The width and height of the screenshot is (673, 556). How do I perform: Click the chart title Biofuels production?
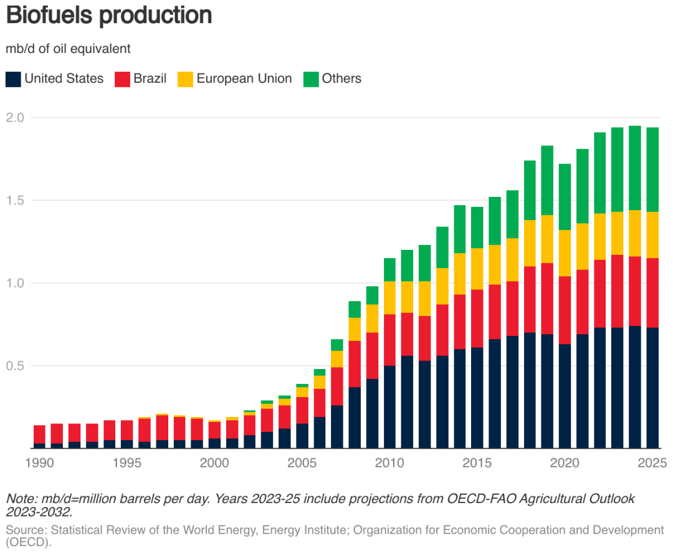tap(109, 16)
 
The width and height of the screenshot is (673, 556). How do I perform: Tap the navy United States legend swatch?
tap(13, 79)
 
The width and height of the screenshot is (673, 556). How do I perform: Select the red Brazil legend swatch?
tap(122, 79)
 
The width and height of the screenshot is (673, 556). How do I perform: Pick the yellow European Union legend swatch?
tap(185, 79)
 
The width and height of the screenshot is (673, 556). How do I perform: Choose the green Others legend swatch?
tap(310, 79)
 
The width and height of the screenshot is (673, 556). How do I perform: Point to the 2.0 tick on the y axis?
tap(16, 118)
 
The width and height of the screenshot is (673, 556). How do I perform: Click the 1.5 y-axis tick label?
tap(16, 201)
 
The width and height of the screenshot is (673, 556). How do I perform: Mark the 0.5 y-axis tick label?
tap(16, 366)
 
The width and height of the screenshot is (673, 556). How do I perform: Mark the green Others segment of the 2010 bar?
tap(389, 269)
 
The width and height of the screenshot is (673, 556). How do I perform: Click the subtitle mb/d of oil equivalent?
tap(69, 49)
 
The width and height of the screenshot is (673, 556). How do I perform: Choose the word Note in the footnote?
tap(21, 499)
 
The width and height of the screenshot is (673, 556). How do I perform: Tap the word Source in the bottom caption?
tap(26, 530)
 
